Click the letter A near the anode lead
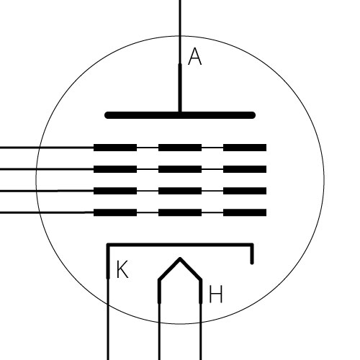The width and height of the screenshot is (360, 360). point(195,56)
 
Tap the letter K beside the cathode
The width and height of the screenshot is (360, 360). point(122,269)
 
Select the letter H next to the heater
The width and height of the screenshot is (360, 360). point(216,294)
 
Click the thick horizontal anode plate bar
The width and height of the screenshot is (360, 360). point(180,115)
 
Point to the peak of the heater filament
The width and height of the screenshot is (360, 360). point(180,258)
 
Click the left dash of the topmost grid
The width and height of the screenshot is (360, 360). point(115,148)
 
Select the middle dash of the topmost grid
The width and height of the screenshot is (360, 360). point(180,148)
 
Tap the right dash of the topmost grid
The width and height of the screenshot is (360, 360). point(245,148)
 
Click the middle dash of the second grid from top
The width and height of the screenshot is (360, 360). point(180,169)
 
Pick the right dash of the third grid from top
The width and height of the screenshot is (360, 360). point(245,191)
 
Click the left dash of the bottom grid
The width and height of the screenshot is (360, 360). point(115,212)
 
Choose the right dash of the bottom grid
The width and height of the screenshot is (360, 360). point(245,212)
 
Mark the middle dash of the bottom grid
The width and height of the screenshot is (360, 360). point(180,212)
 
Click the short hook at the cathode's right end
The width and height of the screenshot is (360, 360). point(252,254)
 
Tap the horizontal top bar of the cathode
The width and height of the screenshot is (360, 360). point(180,245)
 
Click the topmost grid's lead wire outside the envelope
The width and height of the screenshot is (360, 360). point(19,148)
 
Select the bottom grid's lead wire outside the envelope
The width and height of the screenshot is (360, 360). point(20,212)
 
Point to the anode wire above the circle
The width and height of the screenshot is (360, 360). point(180,18)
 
